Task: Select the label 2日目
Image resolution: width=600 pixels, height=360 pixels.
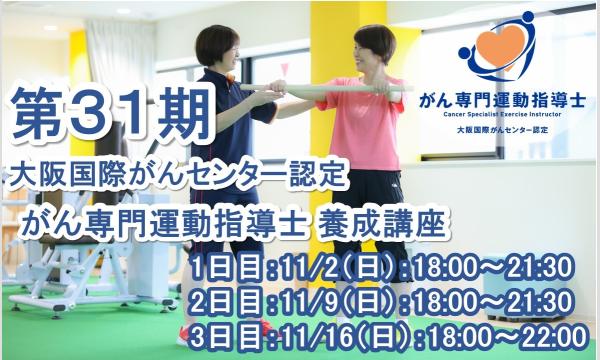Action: tap(218, 301)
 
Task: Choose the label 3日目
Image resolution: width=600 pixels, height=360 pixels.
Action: tap(218, 335)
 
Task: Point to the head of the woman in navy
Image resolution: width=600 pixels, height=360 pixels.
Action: tap(217, 46)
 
